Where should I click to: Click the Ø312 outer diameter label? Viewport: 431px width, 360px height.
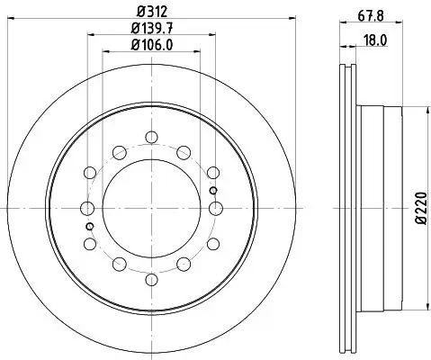coord(151,13)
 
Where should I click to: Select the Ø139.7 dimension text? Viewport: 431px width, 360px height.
coord(151,30)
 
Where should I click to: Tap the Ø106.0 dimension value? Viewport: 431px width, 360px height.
coord(151,46)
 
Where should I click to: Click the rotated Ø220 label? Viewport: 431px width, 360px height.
coord(419,209)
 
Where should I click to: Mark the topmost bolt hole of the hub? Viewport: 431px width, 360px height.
coord(151,138)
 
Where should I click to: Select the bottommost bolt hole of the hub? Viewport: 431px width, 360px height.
coord(151,278)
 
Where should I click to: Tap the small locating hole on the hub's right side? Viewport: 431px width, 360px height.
coord(212,190)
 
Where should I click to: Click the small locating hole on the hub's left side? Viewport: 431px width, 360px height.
coord(89,226)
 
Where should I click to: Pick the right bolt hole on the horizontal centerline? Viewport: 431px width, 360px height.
coord(215,208)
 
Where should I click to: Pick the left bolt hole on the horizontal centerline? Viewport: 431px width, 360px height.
coord(88,208)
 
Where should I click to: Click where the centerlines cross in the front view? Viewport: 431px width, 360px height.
coord(151,208)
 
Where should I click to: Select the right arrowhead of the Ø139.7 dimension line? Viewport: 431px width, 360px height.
coord(212,36)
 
